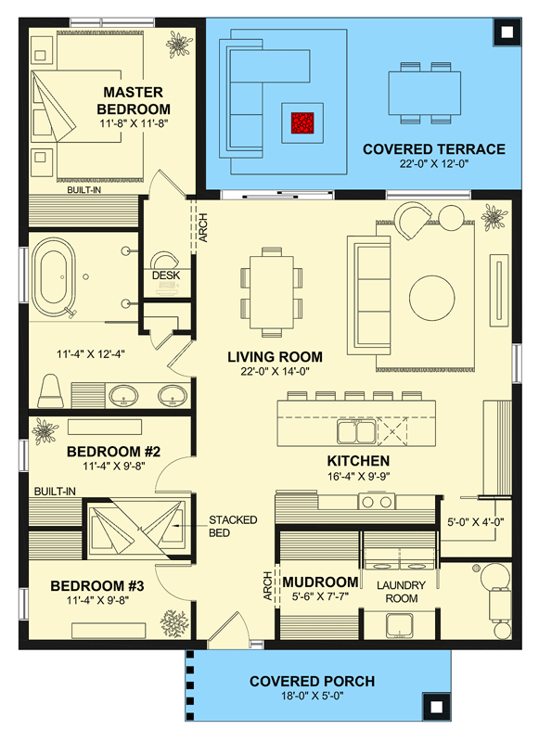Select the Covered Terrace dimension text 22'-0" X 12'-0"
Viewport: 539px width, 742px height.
click(x=433, y=164)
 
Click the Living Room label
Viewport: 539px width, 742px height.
click(x=276, y=357)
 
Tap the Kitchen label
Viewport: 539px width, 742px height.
click(x=357, y=461)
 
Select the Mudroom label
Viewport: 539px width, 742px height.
click(x=320, y=582)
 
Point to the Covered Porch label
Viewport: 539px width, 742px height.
click(x=312, y=682)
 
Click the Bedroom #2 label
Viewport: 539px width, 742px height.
click(x=114, y=453)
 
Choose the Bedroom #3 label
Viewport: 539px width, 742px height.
click(x=97, y=586)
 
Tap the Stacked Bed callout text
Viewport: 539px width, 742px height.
click(x=233, y=527)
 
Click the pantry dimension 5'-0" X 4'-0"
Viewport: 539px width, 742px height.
click(x=476, y=521)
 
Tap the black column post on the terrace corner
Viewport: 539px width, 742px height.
click(x=506, y=32)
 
